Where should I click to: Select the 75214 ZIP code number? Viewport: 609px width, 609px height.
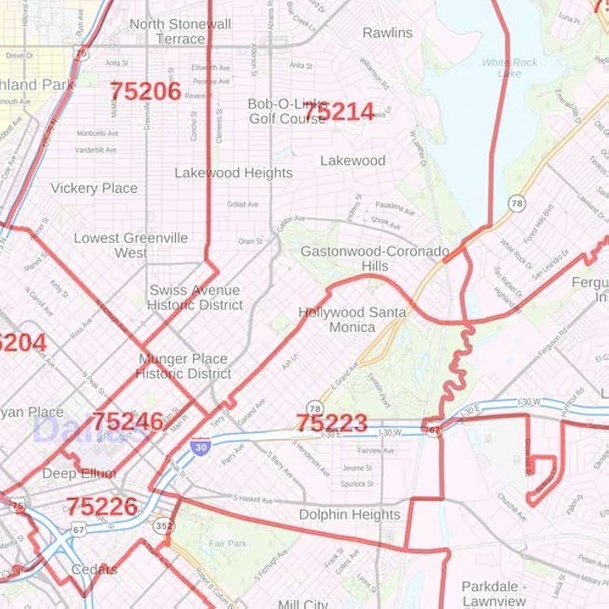pyautogui.click(x=339, y=112)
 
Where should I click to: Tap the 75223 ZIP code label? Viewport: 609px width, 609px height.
pyautogui.click(x=332, y=423)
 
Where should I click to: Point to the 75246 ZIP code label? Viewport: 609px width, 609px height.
pyautogui.click(x=127, y=422)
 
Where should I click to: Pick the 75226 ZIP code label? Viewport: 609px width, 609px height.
pyautogui.click(x=101, y=506)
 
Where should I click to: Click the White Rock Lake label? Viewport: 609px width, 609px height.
pyautogui.click(x=510, y=67)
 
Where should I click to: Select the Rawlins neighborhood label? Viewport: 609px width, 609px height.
pyautogui.click(x=387, y=33)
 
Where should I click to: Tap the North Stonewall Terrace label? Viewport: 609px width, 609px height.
pyautogui.click(x=181, y=32)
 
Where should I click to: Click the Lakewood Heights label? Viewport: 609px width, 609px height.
pyautogui.click(x=233, y=173)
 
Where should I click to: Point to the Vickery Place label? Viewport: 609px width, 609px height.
pyautogui.click(x=94, y=188)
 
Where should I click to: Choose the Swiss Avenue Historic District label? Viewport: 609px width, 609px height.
pyautogui.click(x=195, y=298)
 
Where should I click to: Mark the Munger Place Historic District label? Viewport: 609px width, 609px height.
pyautogui.click(x=183, y=366)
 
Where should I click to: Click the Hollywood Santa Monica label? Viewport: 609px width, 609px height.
pyautogui.click(x=352, y=319)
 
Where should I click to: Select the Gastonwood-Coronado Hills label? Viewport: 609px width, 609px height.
pyautogui.click(x=375, y=258)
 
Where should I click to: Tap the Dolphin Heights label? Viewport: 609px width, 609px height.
pyautogui.click(x=349, y=515)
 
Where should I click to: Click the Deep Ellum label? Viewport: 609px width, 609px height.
pyautogui.click(x=79, y=473)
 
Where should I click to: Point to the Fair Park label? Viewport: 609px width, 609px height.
pyautogui.click(x=228, y=544)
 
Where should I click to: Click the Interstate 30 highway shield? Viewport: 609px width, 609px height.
pyautogui.click(x=200, y=446)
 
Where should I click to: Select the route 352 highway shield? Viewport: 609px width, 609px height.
pyautogui.click(x=164, y=527)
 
